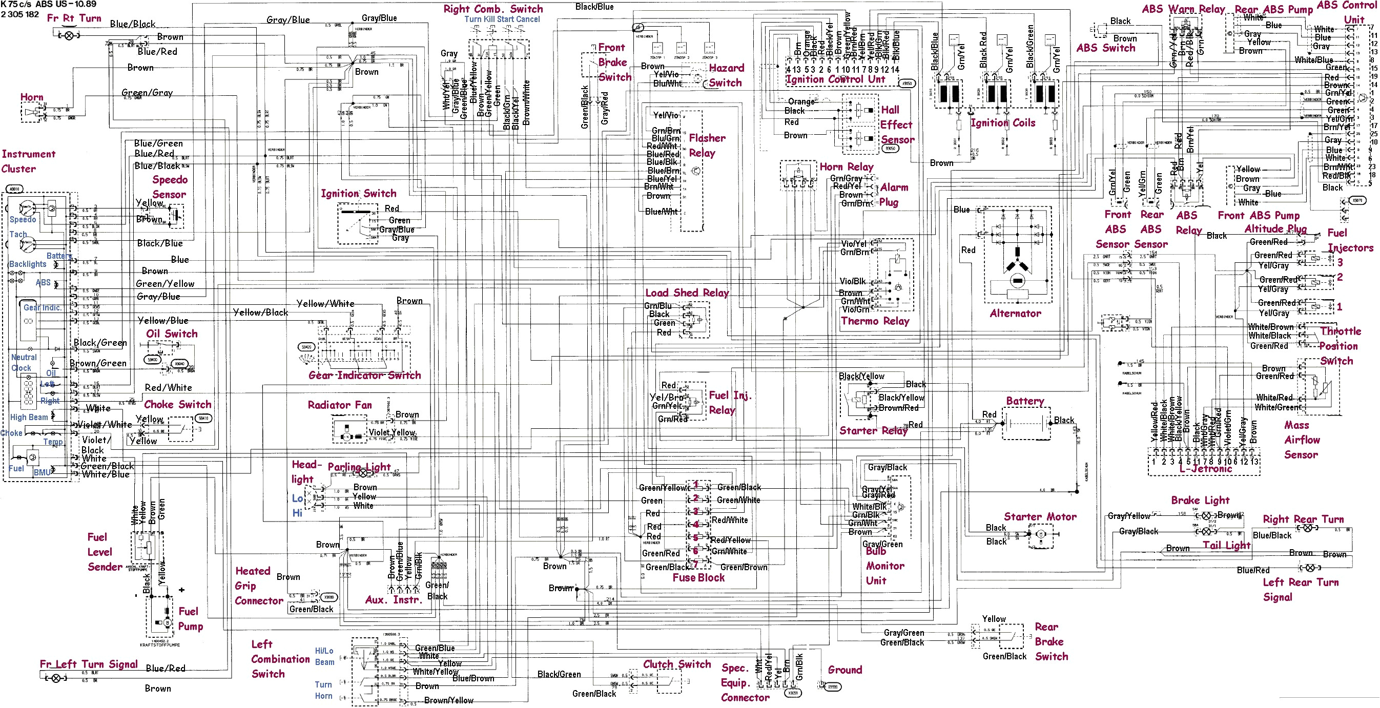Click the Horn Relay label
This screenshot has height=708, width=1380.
[x=847, y=166]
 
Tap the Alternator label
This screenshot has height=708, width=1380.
[x=1015, y=314]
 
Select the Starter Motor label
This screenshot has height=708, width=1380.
[x=1040, y=516]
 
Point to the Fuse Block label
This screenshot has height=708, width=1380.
[x=698, y=577]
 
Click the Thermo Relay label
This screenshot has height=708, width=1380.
[x=875, y=321]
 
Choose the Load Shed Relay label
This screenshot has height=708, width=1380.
[x=687, y=293]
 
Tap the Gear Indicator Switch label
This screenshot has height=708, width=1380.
[x=364, y=375]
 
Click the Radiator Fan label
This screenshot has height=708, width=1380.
[x=340, y=404]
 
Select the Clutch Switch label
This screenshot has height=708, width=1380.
[x=677, y=664]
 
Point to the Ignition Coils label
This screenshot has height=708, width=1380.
[x=1003, y=122]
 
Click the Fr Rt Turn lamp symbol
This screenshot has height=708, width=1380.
[x=69, y=35]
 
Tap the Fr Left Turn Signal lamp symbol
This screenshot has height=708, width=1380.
[x=56, y=678]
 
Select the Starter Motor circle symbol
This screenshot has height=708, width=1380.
[x=1040, y=534]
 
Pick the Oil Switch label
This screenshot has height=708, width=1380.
[x=172, y=334]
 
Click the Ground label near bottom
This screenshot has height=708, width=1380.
[x=845, y=670]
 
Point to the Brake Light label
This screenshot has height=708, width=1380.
[x=1200, y=500]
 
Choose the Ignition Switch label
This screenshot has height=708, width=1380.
[x=358, y=193]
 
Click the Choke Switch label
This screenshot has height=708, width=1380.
[x=178, y=404]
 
